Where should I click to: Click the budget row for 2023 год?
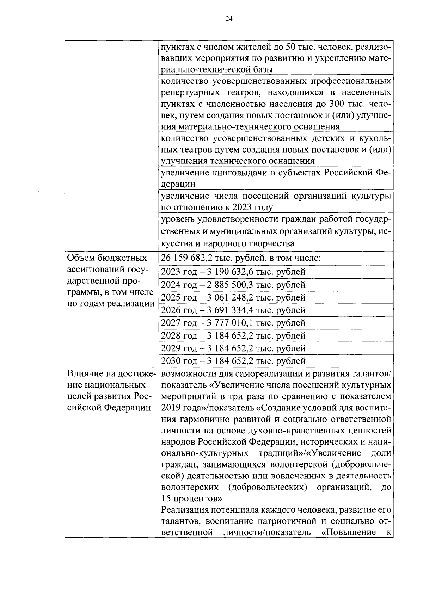(x=233, y=272)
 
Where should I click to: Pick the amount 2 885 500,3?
(x=231, y=285)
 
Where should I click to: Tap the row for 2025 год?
(x=233, y=297)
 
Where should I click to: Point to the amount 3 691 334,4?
(x=231, y=310)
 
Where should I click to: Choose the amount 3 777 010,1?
(x=231, y=323)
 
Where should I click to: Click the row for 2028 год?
(x=233, y=335)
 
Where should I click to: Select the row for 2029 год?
(x=233, y=348)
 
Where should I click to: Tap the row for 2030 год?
(x=233, y=361)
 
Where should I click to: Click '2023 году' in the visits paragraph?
(x=252, y=207)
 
